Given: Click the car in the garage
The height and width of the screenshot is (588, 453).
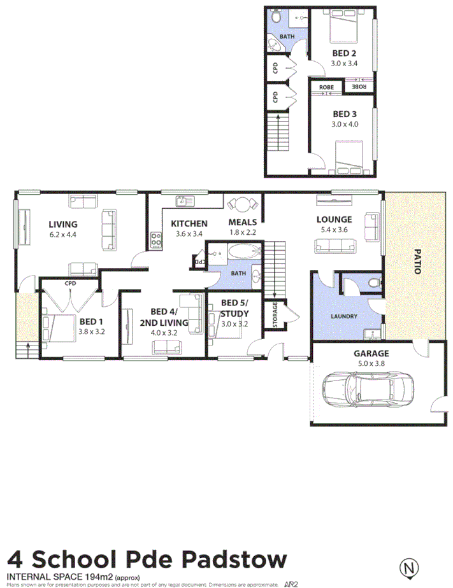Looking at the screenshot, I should (369, 387).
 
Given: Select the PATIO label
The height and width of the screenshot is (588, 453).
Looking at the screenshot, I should (418, 261).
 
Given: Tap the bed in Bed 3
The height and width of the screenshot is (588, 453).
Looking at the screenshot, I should (349, 157).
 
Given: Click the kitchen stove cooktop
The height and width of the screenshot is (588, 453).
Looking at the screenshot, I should (155, 240).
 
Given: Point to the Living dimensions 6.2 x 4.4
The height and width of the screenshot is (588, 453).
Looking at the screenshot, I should (62, 234).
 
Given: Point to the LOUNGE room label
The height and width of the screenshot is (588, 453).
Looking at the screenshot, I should (334, 220).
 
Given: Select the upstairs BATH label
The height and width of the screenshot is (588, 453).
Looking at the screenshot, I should (287, 36).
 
